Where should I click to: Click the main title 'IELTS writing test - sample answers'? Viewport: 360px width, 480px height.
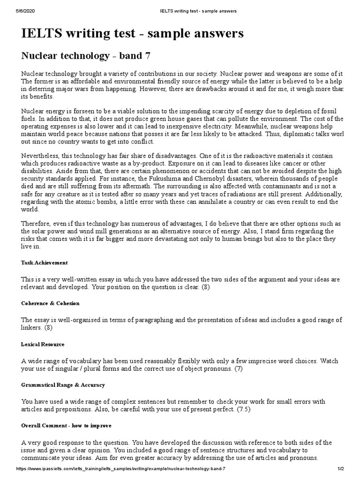[x=133, y=33]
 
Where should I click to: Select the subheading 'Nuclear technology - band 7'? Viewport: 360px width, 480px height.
[x=86, y=56]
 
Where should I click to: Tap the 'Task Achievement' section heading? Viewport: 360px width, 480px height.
[x=45, y=262]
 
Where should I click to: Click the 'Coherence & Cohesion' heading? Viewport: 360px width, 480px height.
[x=51, y=303]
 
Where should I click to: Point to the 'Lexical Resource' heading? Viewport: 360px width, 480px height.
[x=43, y=344]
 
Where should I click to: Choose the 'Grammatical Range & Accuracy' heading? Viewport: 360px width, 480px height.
[x=63, y=385]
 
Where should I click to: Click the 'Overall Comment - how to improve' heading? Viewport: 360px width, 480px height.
[x=67, y=426]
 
